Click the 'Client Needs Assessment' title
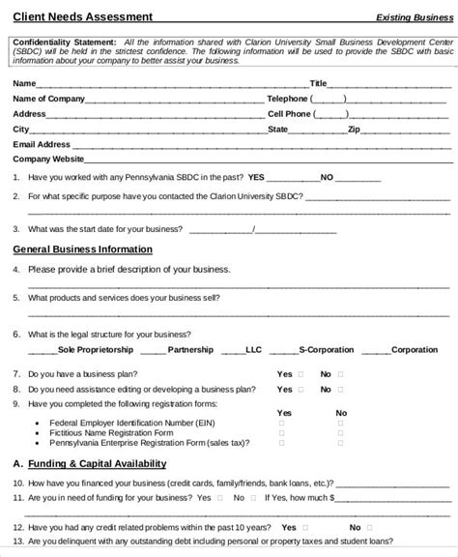click(69, 16)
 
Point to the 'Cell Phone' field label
click(289, 113)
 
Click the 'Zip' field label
click(354, 129)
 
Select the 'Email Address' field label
click(42, 143)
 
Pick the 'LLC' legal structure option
click(253, 349)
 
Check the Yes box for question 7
click(301, 374)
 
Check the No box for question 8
click(341, 389)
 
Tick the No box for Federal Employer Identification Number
click(340, 423)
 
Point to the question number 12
click(17, 527)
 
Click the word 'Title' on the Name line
click(319, 83)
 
